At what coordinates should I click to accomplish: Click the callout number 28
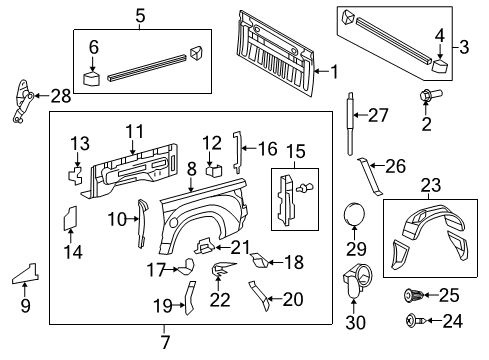pos(61,95)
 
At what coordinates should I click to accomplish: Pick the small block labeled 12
pos(211,169)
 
